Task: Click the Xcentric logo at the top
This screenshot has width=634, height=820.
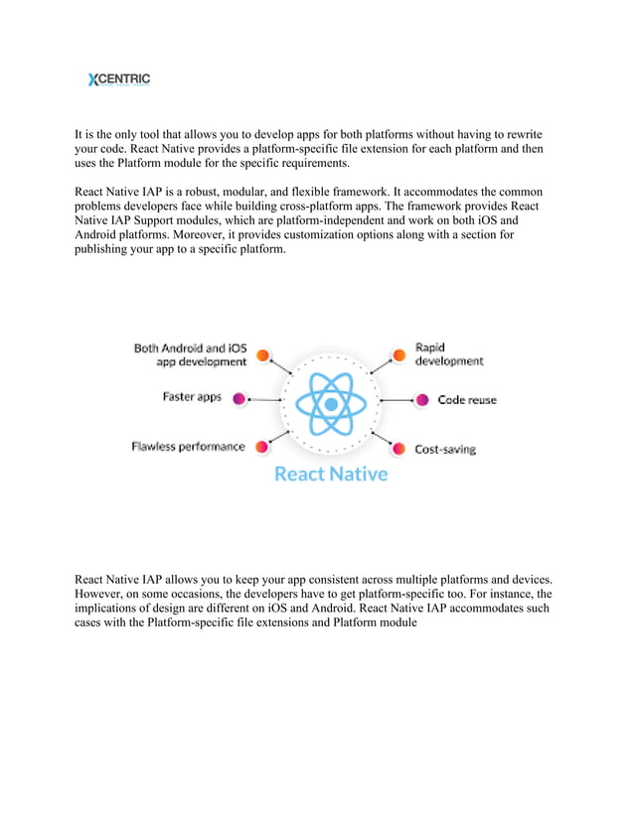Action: tap(119, 79)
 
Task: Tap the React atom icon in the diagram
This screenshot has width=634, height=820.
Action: tap(331, 403)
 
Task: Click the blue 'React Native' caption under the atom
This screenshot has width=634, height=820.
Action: tap(331, 474)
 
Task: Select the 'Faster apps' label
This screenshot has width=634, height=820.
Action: tap(192, 397)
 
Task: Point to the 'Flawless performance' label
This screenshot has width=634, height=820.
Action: tap(188, 447)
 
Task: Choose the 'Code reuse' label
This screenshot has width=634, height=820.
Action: tap(467, 400)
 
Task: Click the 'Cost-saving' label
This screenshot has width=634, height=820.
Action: tap(444, 449)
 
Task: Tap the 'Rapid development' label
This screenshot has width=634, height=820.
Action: tap(448, 354)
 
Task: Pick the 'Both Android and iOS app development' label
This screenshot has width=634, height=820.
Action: tap(190, 355)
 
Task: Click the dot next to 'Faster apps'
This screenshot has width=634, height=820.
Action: tap(239, 398)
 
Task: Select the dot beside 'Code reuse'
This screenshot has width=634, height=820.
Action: tap(421, 400)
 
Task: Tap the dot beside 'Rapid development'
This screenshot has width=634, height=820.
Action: tap(398, 354)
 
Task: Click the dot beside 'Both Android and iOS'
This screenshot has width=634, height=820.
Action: tap(263, 354)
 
